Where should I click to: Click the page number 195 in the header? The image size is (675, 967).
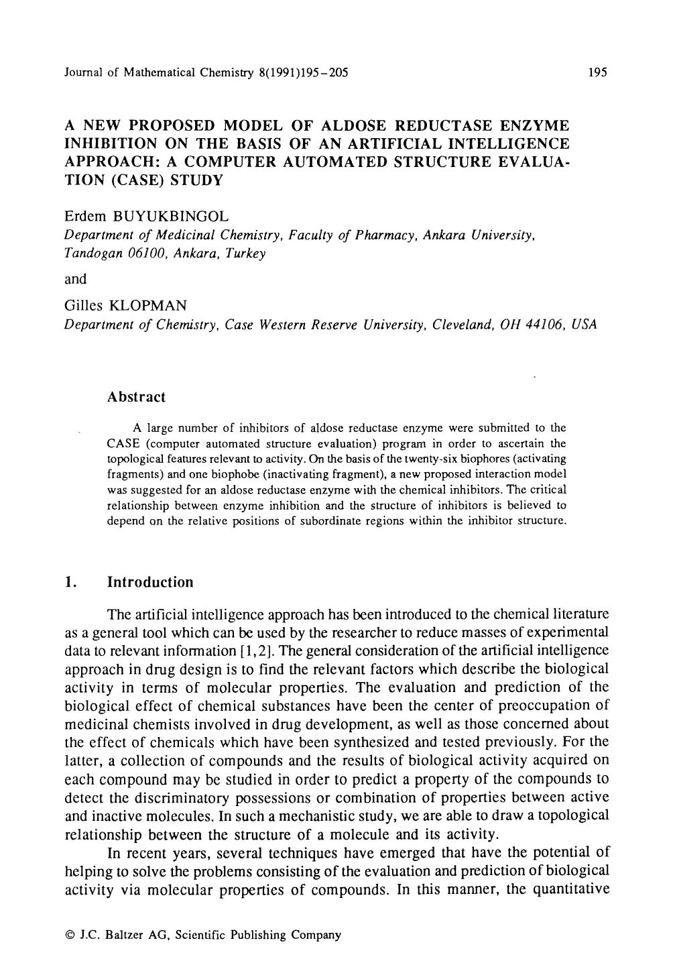click(597, 72)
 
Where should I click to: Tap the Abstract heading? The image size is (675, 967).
click(136, 397)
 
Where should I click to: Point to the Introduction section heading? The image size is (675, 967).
click(150, 581)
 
